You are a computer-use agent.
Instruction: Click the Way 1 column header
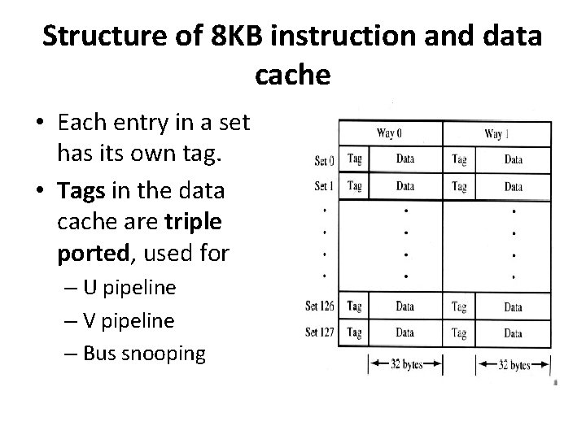(x=496, y=133)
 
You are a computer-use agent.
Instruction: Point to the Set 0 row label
(x=324, y=160)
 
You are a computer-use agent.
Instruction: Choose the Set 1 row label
(x=324, y=186)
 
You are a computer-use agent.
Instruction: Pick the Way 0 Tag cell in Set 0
(x=354, y=159)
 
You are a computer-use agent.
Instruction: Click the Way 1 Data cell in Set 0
(x=513, y=160)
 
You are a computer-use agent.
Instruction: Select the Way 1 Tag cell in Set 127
(x=459, y=333)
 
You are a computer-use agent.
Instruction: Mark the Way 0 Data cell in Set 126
(x=405, y=306)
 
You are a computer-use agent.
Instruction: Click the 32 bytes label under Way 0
(x=405, y=365)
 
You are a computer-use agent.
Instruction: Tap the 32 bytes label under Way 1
(x=513, y=365)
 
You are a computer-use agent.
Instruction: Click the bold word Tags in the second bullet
(x=80, y=189)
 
